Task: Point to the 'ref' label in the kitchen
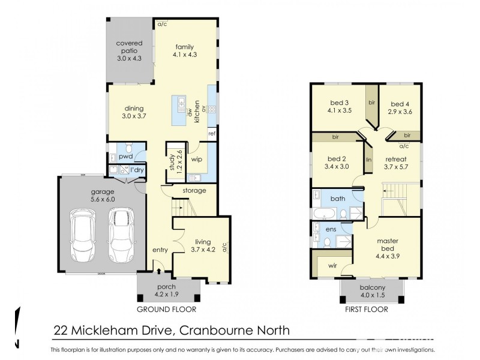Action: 211,133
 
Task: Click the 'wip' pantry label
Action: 196,160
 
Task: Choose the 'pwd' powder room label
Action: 125,156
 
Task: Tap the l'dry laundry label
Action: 137,170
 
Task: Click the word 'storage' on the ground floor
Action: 194,191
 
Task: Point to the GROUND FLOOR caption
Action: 166,310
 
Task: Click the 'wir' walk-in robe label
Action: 332,265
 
